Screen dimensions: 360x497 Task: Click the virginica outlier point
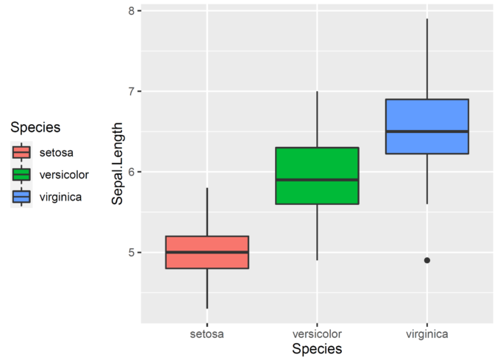[427, 260]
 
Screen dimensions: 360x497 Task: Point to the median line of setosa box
[207, 252]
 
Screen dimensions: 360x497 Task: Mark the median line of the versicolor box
[317, 179]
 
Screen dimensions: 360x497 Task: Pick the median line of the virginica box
[427, 132]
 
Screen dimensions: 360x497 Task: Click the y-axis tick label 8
[131, 11]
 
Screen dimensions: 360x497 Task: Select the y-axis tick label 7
[131, 92]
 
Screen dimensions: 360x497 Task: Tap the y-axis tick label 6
[131, 172]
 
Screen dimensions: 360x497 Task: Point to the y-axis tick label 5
[131, 252]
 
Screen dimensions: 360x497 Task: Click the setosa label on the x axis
[207, 334]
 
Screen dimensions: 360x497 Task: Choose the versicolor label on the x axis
[317, 334]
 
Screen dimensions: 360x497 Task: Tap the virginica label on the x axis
[427, 334]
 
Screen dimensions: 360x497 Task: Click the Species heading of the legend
[35, 128]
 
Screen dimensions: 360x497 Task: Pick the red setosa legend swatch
[21, 153]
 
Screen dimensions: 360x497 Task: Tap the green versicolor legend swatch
[21, 175]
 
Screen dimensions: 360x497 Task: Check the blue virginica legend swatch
[21, 197]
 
